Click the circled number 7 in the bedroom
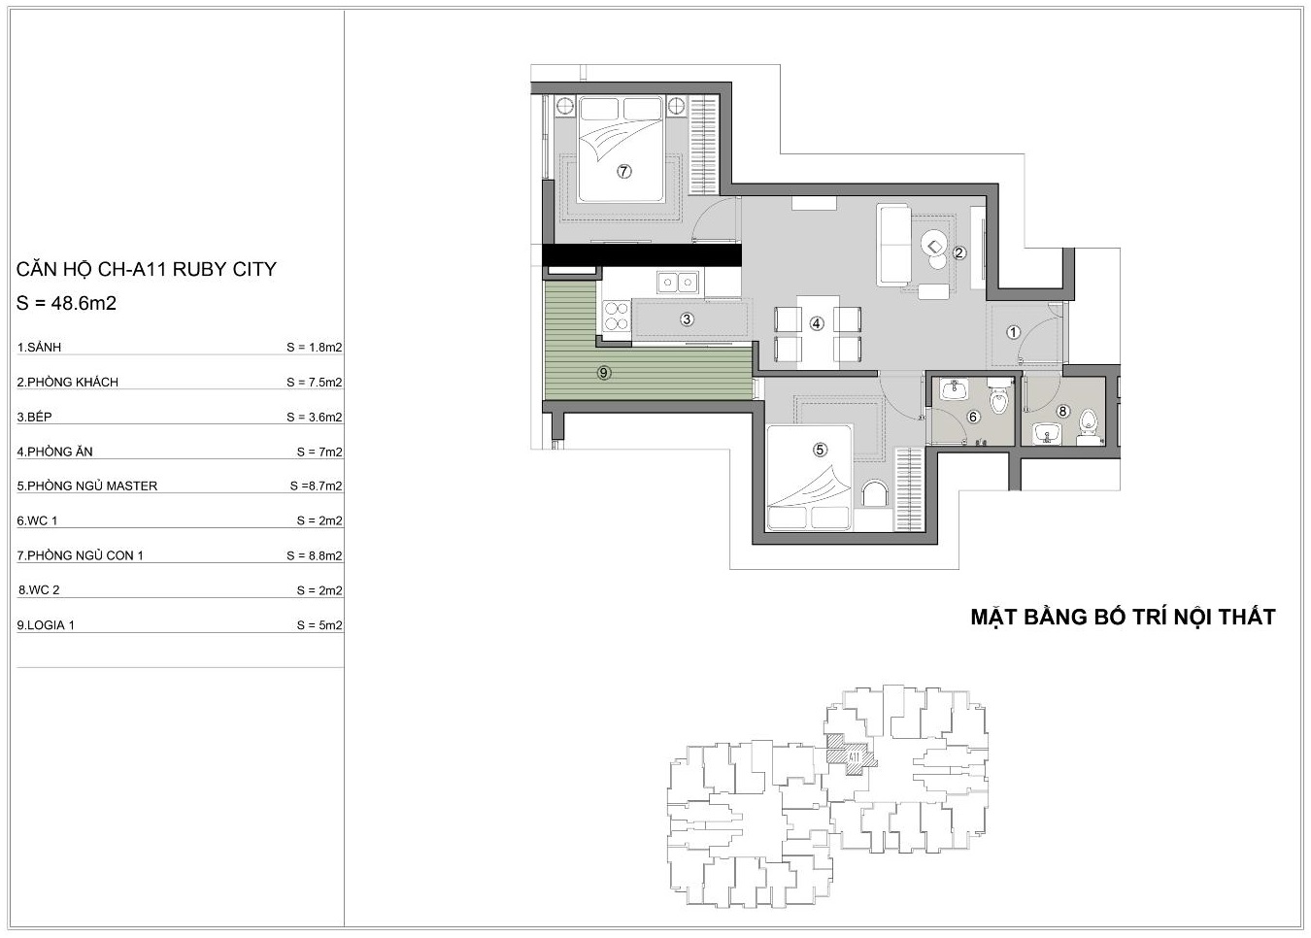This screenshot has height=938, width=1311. [x=623, y=172]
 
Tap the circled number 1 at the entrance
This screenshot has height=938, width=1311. [x=1013, y=332]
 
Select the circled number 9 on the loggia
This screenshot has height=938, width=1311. [x=604, y=372]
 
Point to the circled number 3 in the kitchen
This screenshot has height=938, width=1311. [x=688, y=319]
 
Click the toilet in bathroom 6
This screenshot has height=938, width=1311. [x=998, y=398]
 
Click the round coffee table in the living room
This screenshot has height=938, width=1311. [x=933, y=244]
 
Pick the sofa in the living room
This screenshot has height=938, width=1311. [x=893, y=245]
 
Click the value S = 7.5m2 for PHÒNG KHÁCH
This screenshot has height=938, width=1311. [x=315, y=383]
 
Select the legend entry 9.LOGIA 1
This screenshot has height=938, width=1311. [x=46, y=625]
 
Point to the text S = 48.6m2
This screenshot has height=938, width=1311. [x=66, y=303]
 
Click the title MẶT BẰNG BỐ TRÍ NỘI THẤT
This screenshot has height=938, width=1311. [x=1123, y=617]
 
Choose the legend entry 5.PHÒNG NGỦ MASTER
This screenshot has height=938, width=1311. [x=87, y=486]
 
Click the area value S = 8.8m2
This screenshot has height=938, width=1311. [x=315, y=555]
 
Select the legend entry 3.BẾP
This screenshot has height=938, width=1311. [x=35, y=417]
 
